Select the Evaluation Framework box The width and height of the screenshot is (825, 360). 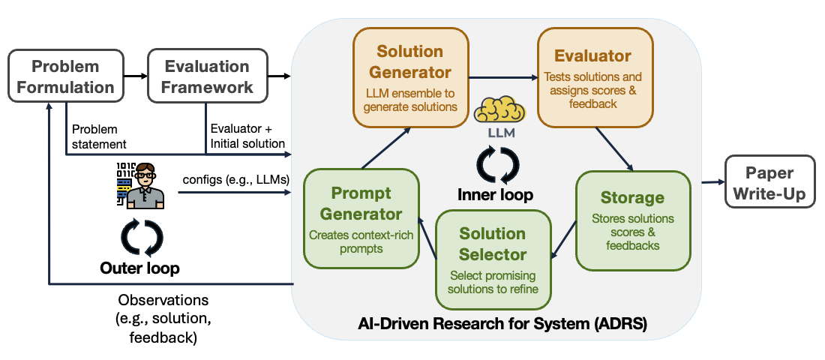coord(207,76)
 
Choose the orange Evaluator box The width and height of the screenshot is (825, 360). coord(592,79)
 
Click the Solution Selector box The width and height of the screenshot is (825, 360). coord(492,258)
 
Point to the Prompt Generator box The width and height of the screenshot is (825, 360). coord(361,217)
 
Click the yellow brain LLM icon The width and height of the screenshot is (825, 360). coord(498,113)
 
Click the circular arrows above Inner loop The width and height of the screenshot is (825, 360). coord(496,164)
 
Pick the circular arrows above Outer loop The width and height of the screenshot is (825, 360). coord(141,237)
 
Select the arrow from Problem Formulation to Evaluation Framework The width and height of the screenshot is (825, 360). coord(134,76)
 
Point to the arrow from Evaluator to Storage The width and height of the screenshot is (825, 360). coord(613,148)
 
